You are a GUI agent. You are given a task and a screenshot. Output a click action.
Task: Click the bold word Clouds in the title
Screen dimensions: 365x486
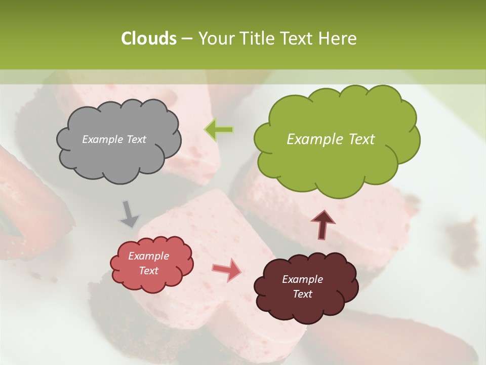[148, 39]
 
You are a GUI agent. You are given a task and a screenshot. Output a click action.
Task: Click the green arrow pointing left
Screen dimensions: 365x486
[219, 130]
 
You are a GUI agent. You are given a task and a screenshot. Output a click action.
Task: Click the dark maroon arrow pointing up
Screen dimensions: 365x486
[323, 225]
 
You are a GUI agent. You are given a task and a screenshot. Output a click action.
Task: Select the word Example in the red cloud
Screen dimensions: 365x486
[148, 256]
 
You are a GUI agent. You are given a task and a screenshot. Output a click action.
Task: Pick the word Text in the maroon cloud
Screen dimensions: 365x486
[302, 294]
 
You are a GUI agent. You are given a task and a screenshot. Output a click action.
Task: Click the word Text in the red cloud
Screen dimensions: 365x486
[148, 271]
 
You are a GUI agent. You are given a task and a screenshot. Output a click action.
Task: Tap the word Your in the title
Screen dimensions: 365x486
[213, 39]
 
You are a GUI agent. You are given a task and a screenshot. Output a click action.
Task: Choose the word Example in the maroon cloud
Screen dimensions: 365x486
[302, 279]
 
